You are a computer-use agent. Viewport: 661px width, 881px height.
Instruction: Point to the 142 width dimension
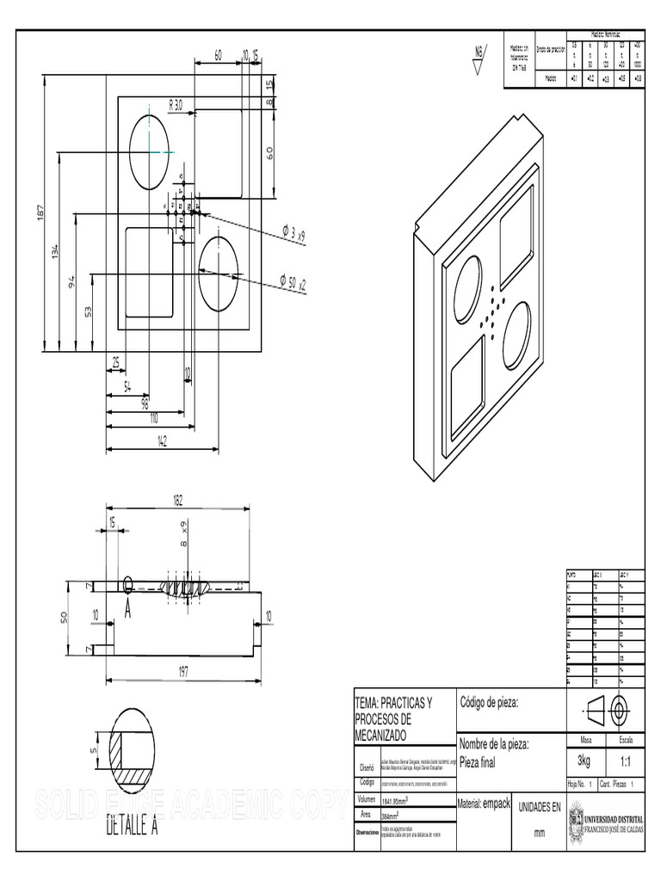point(162,441)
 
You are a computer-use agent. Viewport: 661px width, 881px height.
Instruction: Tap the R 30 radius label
point(176,105)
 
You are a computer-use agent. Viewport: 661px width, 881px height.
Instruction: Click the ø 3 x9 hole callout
point(293,234)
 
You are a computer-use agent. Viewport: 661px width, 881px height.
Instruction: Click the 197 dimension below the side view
point(182,673)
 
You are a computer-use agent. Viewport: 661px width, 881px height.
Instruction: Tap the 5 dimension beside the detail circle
point(93,749)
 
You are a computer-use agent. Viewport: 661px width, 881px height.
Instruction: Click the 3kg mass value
point(584,761)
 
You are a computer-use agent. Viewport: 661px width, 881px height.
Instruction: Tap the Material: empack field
point(485,803)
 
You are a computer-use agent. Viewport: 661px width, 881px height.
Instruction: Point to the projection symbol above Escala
point(604,711)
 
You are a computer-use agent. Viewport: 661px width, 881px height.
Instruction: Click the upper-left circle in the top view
point(151,151)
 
